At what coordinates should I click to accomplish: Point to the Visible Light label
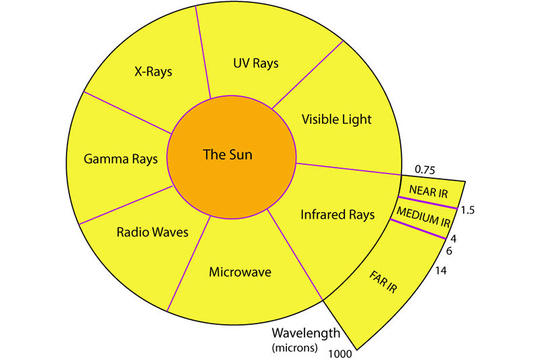point(336,119)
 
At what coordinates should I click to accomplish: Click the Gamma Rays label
point(121,159)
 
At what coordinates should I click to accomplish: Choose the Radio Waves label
point(143,232)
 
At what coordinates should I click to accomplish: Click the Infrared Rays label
point(337,215)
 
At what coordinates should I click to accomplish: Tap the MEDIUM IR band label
point(422,215)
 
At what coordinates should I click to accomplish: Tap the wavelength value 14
point(442,271)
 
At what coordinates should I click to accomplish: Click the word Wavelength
point(301,334)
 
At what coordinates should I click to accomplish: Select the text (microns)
point(292,348)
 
